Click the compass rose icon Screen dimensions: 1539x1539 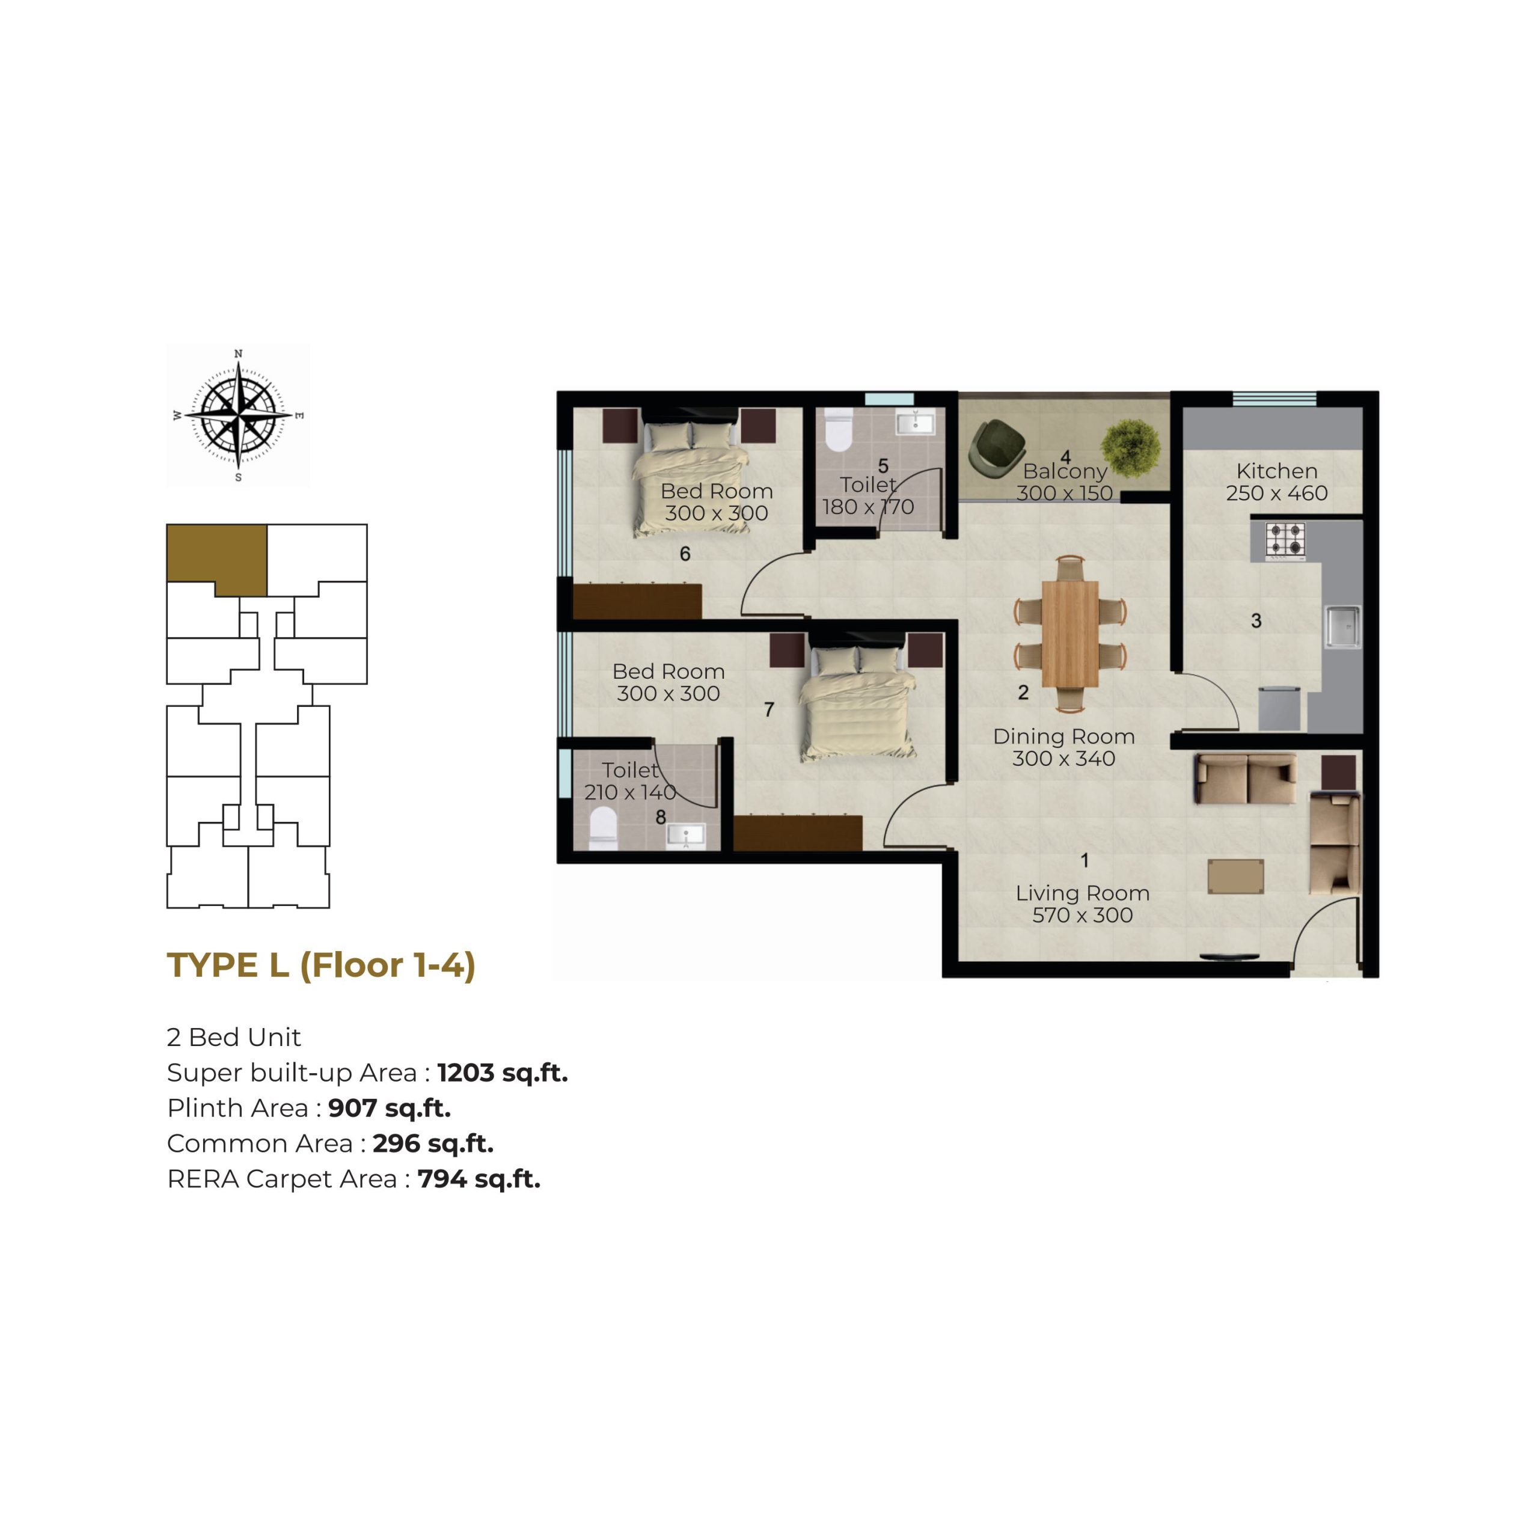(x=238, y=415)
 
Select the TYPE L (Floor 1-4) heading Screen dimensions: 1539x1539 (x=321, y=965)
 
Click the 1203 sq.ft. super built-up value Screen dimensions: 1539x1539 (x=503, y=1073)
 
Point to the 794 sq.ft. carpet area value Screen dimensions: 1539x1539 (x=479, y=1179)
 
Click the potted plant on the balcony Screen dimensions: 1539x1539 (x=1130, y=448)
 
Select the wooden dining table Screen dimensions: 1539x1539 (x=1070, y=632)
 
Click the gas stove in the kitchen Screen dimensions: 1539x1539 (x=1286, y=541)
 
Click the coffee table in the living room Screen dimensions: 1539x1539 (x=1235, y=877)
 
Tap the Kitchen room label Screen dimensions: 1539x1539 (x=1277, y=471)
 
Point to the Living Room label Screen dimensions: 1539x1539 (x=1083, y=893)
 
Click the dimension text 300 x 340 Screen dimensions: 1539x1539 (x=1063, y=758)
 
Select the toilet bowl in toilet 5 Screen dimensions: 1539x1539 (x=837, y=430)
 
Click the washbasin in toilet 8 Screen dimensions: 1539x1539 (x=685, y=835)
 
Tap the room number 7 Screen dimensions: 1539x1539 (x=769, y=709)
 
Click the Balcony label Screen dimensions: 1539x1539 (x=1065, y=471)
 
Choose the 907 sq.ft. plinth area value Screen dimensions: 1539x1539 (x=390, y=1108)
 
